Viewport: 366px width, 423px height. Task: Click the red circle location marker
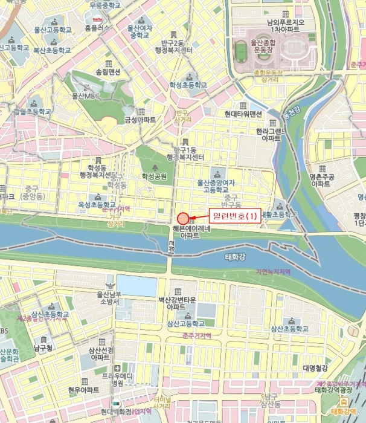[x=182, y=218]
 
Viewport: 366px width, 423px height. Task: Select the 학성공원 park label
[x=154, y=176]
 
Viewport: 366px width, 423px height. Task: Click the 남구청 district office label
[x=43, y=348]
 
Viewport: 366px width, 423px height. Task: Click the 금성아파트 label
[x=140, y=120]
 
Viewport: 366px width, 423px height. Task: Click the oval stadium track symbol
[x=242, y=50]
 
